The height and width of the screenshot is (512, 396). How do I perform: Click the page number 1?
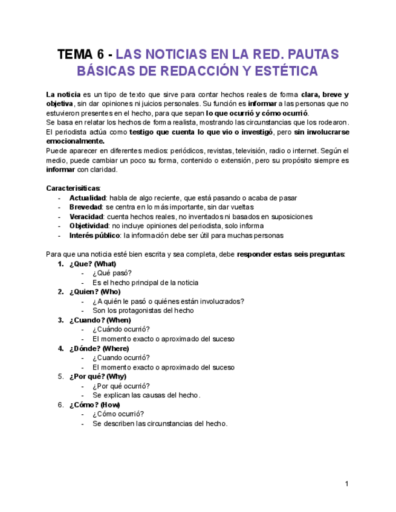pyautogui.click(x=347, y=484)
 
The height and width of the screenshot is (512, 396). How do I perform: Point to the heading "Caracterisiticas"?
pyautogui.click(x=73, y=188)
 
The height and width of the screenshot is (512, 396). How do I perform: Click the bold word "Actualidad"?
pyautogui.click(x=88, y=198)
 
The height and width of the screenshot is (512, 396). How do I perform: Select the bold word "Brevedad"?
pyautogui.click(x=85, y=207)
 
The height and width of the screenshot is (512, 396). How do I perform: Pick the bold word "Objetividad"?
pyautogui.click(x=88, y=226)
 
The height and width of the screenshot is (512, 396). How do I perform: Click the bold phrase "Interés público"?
pyautogui.click(x=94, y=235)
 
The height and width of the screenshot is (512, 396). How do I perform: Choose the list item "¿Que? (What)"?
pyautogui.click(x=93, y=264)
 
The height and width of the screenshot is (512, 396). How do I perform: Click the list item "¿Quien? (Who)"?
pyautogui.click(x=94, y=292)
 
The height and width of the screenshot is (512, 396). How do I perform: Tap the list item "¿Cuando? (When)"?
pyautogui.click(x=100, y=320)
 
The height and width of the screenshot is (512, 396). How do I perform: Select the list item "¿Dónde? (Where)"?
pyautogui.click(x=99, y=348)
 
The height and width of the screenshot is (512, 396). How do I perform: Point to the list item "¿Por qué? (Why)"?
pyautogui.click(x=97, y=377)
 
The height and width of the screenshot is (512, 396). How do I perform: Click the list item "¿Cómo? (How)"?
pyautogui.click(x=94, y=405)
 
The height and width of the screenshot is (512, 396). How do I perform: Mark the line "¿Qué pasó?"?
pyautogui.click(x=112, y=273)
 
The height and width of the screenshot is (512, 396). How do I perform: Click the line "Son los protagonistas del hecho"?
pyautogui.click(x=143, y=310)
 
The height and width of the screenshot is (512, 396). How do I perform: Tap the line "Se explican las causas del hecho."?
pyautogui.click(x=146, y=395)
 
